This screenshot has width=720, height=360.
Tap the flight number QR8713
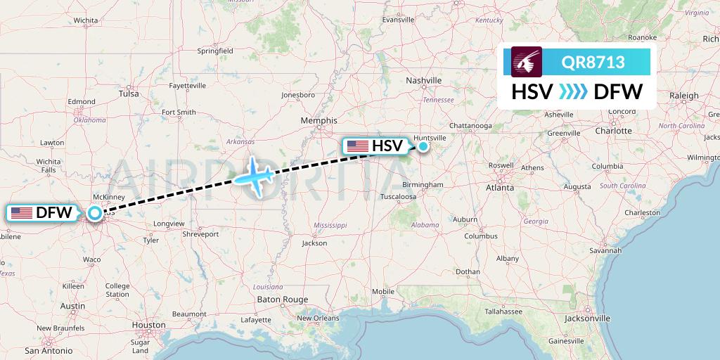(x=593, y=63)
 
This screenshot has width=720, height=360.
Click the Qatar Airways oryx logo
(x=526, y=62)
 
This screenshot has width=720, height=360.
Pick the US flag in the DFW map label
(x=22, y=212)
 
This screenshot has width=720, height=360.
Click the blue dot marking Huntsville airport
(x=423, y=146)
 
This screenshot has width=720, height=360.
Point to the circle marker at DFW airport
(x=94, y=212)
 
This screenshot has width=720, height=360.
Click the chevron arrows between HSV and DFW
(x=574, y=91)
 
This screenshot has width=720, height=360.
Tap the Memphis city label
(x=319, y=120)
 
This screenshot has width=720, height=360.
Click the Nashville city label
(x=424, y=81)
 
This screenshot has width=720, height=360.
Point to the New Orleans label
(x=318, y=318)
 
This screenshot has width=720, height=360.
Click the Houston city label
(x=148, y=325)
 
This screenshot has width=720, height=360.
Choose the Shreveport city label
(x=200, y=233)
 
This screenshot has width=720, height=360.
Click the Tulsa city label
(x=129, y=93)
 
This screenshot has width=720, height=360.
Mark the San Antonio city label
(x=49, y=350)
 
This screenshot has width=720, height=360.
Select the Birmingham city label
(x=422, y=185)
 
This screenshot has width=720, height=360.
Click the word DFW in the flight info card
(x=618, y=91)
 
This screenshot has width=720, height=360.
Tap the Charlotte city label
(x=612, y=130)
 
